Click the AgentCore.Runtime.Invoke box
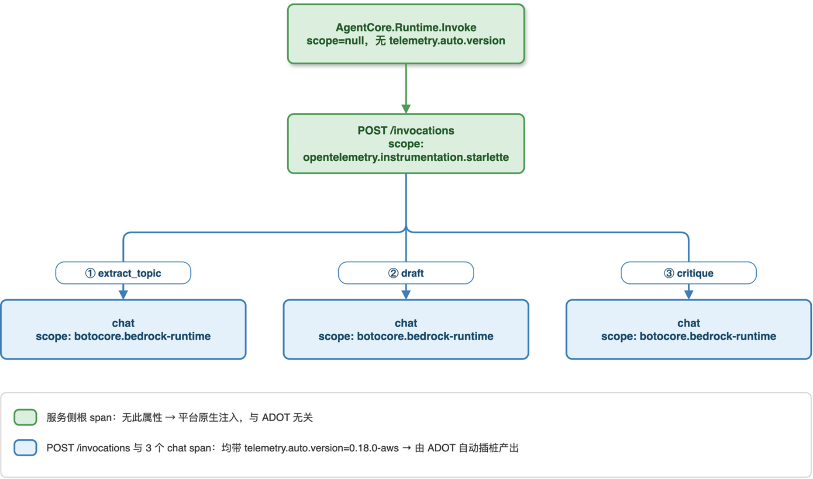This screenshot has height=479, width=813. pos(406,34)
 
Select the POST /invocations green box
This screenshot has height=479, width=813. pos(406,144)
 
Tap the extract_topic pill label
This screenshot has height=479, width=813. pos(123,273)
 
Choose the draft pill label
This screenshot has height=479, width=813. pos(406,273)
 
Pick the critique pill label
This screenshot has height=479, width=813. pos(689,273)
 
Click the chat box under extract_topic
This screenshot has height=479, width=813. pos(123,330)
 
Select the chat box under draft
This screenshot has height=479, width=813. pos(406,330)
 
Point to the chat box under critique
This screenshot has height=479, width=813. pos(689,330)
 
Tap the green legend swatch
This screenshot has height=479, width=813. pos(25,417)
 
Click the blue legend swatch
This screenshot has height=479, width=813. pos(25,448)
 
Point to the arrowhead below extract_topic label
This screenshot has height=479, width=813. pos(123,295)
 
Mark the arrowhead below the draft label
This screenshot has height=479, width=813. pos(406,295)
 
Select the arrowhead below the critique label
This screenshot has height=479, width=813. pos(689,295)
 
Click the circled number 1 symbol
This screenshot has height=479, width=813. pos(90,273)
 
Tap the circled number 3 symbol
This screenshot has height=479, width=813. pos(668,273)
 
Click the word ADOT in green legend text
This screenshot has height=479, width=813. pos(276,417)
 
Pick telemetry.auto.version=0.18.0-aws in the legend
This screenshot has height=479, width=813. pos(321,448)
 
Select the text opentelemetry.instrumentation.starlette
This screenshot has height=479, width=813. pos(406,157)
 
